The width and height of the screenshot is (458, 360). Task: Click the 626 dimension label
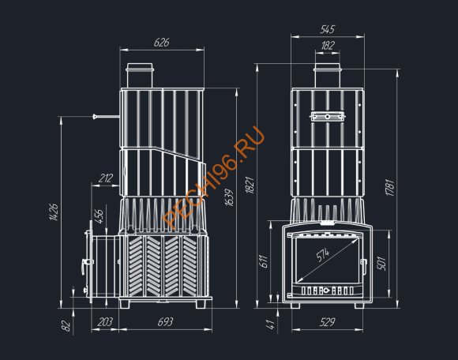162,43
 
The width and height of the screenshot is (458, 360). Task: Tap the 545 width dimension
328,29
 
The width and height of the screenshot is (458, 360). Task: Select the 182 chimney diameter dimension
328,45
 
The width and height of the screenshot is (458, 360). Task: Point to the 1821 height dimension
250,185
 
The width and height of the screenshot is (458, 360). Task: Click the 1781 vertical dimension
390,188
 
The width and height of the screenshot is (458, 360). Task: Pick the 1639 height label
230,197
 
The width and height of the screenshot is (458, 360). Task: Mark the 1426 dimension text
54,212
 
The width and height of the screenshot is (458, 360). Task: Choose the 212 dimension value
106,178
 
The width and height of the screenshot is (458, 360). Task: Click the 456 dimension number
99,216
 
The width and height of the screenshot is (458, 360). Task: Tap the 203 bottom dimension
105,322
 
